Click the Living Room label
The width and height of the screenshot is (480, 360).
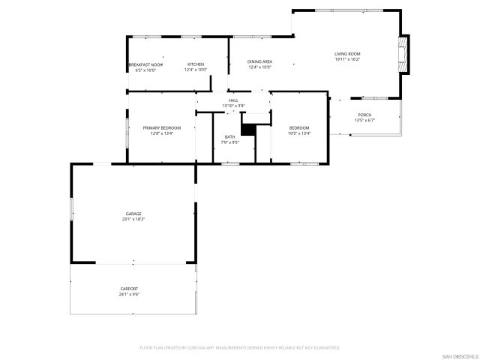(x=347, y=54)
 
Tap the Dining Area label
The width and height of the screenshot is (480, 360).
(x=259, y=61)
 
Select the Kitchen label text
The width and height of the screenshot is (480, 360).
(x=196, y=64)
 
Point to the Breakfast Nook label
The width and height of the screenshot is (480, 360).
(x=145, y=65)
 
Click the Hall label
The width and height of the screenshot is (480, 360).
(x=233, y=100)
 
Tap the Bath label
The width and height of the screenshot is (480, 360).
(x=229, y=136)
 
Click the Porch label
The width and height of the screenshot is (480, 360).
(x=364, y=115)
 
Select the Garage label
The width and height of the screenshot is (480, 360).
(x=133, y=214)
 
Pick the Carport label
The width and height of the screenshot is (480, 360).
(x=129, y=289)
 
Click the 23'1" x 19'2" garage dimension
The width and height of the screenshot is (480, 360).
(x=133, y=219)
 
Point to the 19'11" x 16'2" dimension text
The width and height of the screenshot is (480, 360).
(x=347, y=59)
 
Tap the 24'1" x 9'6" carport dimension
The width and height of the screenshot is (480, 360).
(x=129, y=294)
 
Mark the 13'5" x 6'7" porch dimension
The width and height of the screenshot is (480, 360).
(x=364, y=120)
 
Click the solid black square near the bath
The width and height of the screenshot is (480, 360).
(x=248, y=130)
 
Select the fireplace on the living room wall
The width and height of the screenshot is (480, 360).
(x=405, y=55)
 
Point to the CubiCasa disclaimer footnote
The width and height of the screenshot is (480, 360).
(x=240, y=348)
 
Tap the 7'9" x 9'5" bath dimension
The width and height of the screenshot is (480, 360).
(x=229, y=142)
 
